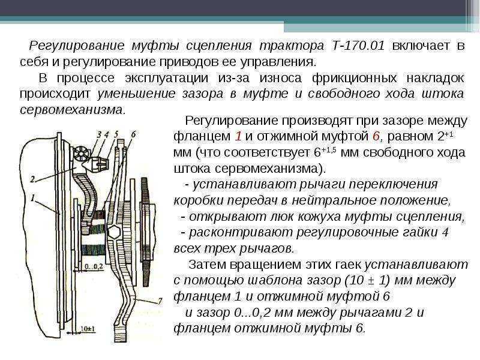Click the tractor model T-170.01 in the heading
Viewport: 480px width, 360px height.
click(358, 46)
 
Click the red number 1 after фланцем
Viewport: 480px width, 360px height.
click(238, 136)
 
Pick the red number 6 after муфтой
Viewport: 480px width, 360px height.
click(376, 136)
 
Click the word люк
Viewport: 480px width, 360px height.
click(282, 217)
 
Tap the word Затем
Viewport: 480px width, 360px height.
click(207, 264)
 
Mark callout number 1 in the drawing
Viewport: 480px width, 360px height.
click(33, 198)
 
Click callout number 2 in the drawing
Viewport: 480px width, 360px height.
click(33, 178)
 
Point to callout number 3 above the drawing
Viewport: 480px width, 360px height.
click(99, 134)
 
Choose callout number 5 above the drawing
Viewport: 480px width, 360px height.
click(116, 134)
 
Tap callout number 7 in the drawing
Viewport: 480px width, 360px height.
click(160, 302)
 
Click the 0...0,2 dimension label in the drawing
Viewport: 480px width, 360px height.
click(94, 266)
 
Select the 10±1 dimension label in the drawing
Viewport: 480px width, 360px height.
click(88, 329)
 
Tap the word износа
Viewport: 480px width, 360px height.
click(281, 78)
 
